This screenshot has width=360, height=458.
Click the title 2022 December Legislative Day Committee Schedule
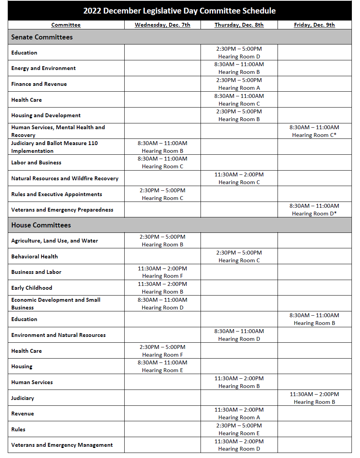pyautogui.click(x=180, y=10)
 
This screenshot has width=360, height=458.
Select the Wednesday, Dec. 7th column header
pyautogui.click(x=162, y=25)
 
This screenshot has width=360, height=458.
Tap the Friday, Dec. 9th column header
pyautogui.click(x=314, y=25)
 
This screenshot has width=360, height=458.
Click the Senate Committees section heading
pyautogui.click(x=42, y=37)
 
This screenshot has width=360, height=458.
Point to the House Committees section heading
pyautogui.click(x=41, y=225)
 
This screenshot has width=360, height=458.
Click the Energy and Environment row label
pyautogui.click(x=43, y=68)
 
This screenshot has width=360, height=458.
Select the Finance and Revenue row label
pyautogui.click(x=39, y=84)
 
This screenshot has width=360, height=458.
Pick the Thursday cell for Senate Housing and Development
pyautogui.click(x=239, y=115)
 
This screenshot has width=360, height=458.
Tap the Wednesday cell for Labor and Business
pyautogui.click(x=162, y=162)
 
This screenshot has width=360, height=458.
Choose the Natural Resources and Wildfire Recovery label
pyautogui.click(x=65, y=178)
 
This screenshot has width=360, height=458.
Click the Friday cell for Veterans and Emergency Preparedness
pyautogui.click(x=314, y=210)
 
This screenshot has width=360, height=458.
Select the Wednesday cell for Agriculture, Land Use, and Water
pyautogui.click(x=162, y=241)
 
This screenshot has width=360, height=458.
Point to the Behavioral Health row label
pyautogui.click(x=34, y=256)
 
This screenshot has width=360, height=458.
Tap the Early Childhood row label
pyautogui.click(x=31, y=288)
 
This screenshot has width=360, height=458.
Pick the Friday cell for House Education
pyautogui.click(x=314, y=319)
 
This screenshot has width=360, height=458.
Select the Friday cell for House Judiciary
pyautogui.click(x=314, y=398)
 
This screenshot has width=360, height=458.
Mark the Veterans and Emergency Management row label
pyautogui.click(x=62, y=445)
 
